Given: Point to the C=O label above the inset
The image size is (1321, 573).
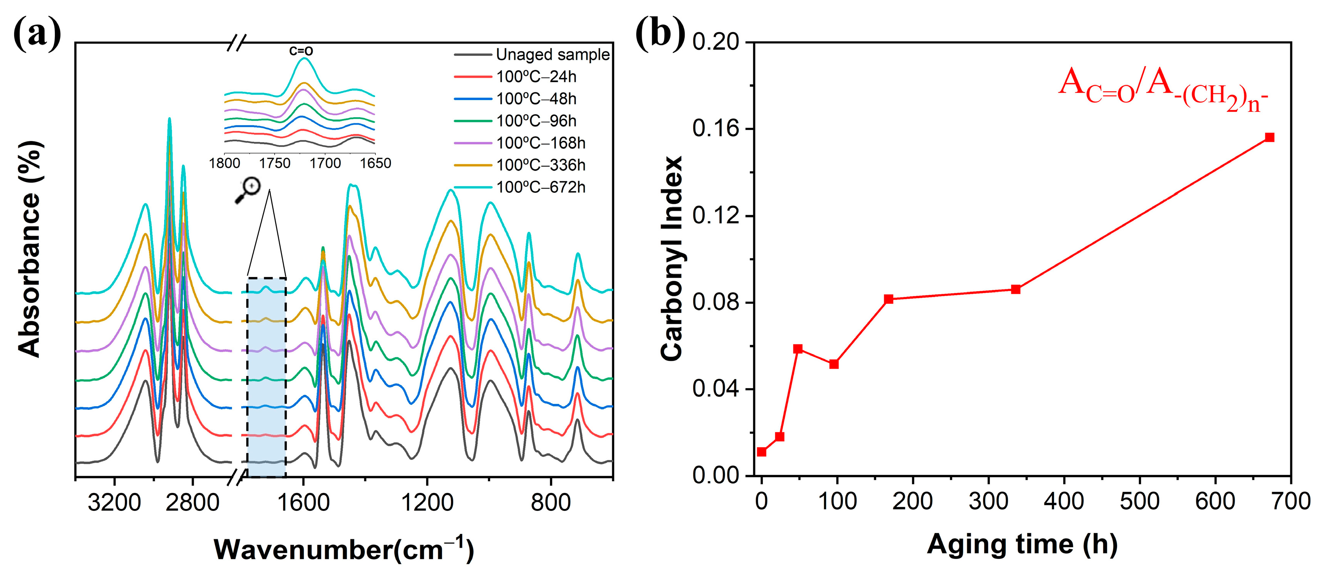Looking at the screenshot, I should pyautogui.click(x=301, y=51).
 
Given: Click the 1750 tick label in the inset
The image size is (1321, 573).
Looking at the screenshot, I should pyautogui.click(x=275, y=164).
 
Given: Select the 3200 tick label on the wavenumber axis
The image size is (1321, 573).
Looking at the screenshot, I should pyautogui.click(x=114, y=502).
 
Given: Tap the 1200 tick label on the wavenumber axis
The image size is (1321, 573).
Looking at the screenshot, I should pyautogui.click(x=427, y=502).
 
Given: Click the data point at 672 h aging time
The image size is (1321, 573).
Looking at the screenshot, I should pyautogui.click(x=1269, y=137).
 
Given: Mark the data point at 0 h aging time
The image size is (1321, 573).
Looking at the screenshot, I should pyautogui.click(x=761, y=452).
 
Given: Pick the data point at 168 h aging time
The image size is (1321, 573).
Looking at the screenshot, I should pyautogui.click(x=889, y=299).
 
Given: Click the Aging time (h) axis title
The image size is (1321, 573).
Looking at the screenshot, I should pyautogui.click(x=1022, y=545).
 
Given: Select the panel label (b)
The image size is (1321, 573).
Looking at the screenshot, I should pyautogui.click(x=660, y=33).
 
